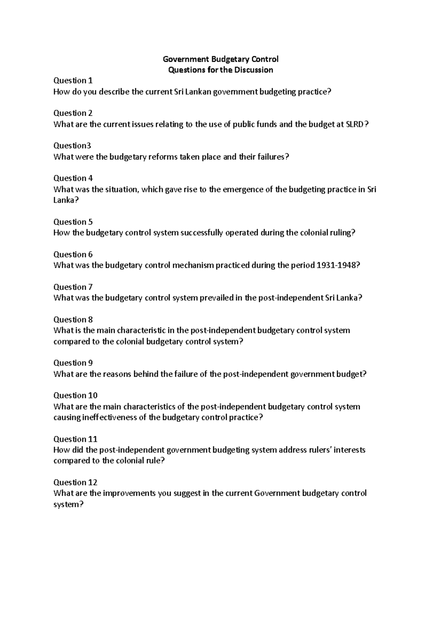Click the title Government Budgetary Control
click(220, 59)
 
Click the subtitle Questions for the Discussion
click(220, 70)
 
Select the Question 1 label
click(73, 80)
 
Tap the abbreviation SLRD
click(356, 124)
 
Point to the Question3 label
click(72, 146)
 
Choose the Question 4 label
click(73, 178)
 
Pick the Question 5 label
click(73, 222)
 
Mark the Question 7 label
click(73, 287)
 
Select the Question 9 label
click(73, 363)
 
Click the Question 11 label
click(75, 439)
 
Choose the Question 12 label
click(75, 483)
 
